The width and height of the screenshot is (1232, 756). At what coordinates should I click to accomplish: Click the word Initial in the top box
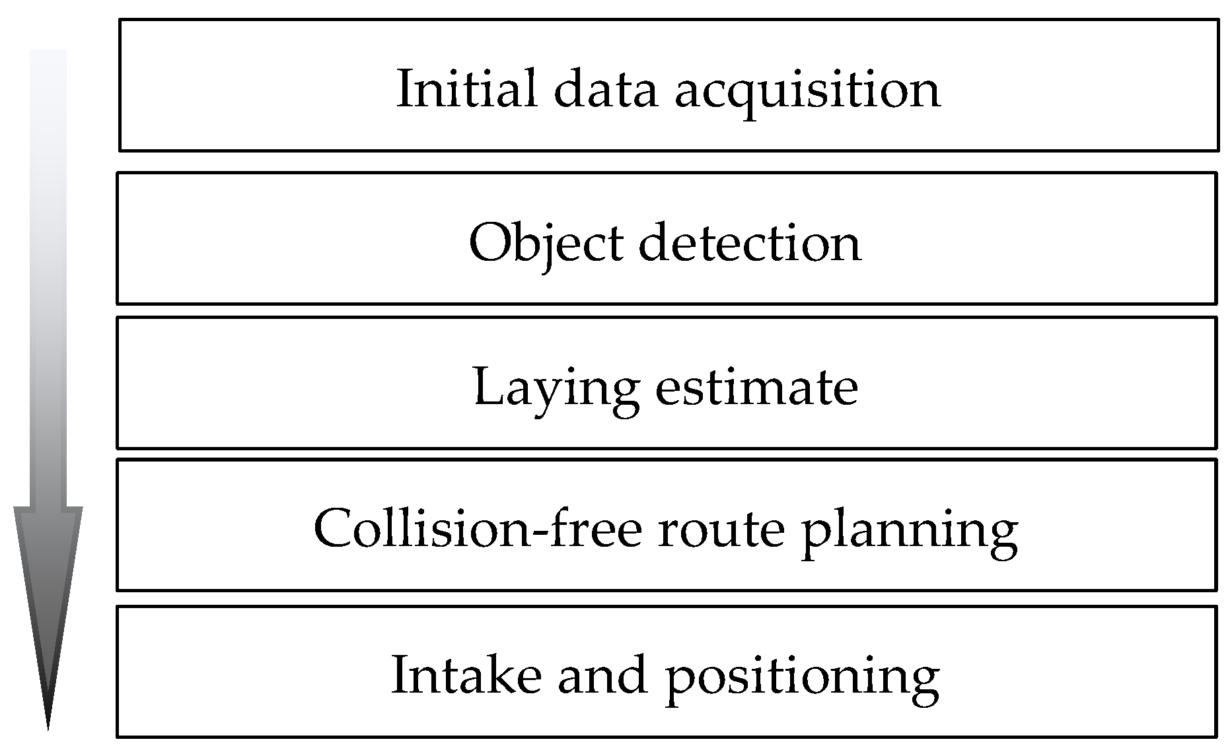click(466, 89)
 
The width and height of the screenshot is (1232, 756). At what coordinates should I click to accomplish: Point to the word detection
click(750, 243)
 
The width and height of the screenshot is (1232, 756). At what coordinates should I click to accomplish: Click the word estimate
click(756, 388)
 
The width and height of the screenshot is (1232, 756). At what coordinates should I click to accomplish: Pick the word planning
click(910, 532)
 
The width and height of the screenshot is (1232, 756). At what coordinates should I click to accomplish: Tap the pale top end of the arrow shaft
click(48, 56)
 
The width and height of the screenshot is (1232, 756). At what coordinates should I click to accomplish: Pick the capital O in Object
click(489, 244)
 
